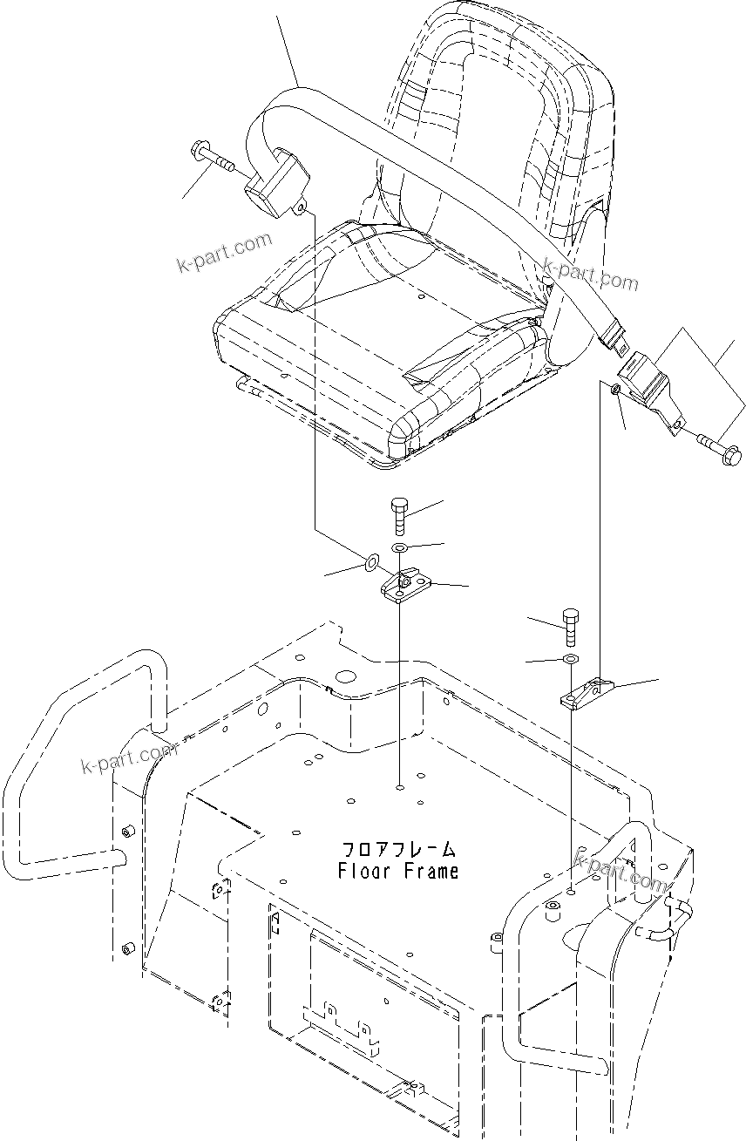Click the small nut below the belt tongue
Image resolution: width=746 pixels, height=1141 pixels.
pyautogui.click(x=615, y=389)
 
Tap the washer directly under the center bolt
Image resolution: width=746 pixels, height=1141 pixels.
pyautogui.click(x=400, y=547)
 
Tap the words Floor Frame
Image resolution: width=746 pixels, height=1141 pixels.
pyautogui.click(x=397, y=871)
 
